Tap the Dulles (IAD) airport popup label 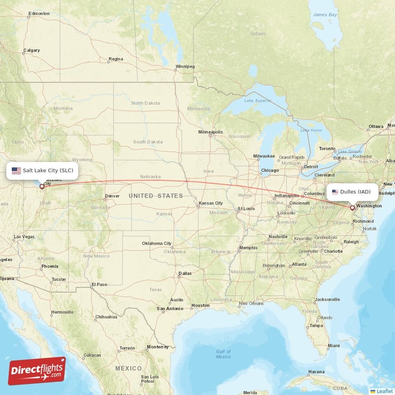coord(352,192)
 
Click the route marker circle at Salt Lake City coord(41,187)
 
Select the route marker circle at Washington coord(353,208)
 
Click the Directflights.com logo coord(37,371)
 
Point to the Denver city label coord(112,196)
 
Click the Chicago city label coord(270,170)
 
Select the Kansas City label coord(210,203)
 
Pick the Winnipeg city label coord(185,66)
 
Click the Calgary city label coord(31,50)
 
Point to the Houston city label coord(200,306)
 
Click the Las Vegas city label coord(24,237)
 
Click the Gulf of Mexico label coord(223,354)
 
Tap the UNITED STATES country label coord(156,196)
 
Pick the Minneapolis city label coord(210,132)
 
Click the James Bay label coord(325,15)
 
